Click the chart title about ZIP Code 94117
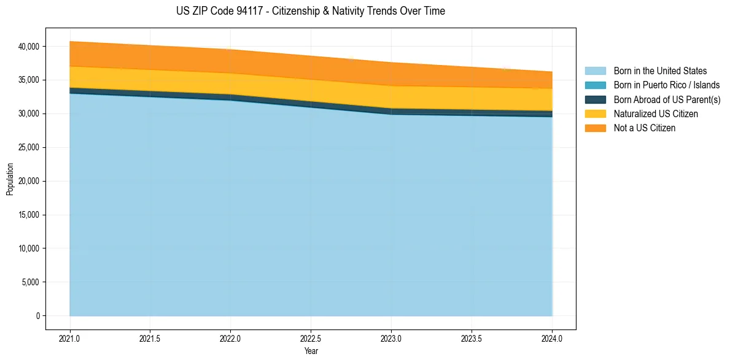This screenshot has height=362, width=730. pyautogui.click(x=311, y=11)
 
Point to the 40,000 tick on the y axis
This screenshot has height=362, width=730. pyautogui.click(x=30, y=47)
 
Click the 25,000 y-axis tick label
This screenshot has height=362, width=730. pyautogui.click(x=30, y=147)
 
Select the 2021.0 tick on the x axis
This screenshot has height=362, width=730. pyautogui.click(x=70, y=339)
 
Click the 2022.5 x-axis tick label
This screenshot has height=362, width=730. pyautogui.click(x=311, y=339)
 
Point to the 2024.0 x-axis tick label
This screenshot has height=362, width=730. pyautogui.click(x=552, y=339)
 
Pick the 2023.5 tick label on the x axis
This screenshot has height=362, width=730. pyautogui.click(x=472, y=339)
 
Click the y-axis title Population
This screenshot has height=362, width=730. pyautogui.click(x=9, y=179)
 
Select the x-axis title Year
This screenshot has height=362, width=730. pyautogui.click(x=311, y=352)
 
